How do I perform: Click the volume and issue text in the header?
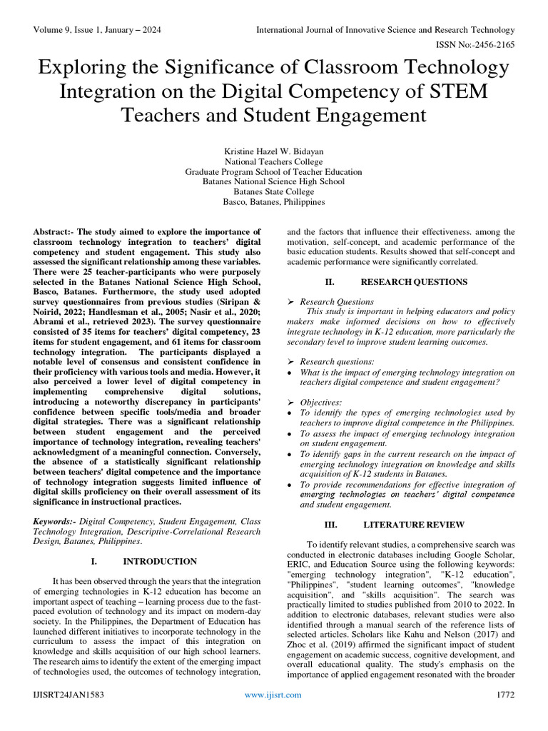(x=93, y=30)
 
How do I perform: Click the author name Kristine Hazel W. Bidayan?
(x=274, y=152)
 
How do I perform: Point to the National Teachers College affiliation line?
(x=274, y=162)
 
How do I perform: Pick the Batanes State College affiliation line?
(x=274, y=192)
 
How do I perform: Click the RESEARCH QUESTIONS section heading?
(x=414, y=282)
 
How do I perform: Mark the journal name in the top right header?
(x=385, y=30)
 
